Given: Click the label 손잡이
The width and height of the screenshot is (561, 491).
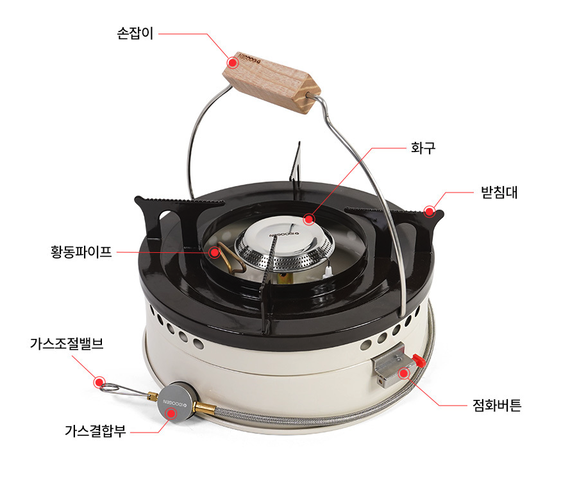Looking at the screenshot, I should coord(135,33).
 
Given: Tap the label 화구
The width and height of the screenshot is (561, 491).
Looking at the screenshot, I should coord(423,148).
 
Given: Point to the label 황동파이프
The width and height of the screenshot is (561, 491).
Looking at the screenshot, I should coord(81,252).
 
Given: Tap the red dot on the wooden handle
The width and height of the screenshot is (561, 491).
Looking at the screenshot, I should coord(233,63).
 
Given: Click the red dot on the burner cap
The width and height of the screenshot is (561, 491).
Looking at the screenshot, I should coord(309,220).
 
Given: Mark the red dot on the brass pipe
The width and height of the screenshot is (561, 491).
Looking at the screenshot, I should coord(210,252).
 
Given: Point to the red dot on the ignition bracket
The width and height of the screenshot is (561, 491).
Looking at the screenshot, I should coord(404,372).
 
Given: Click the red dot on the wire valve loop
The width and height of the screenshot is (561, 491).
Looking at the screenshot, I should coord(99,383).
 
